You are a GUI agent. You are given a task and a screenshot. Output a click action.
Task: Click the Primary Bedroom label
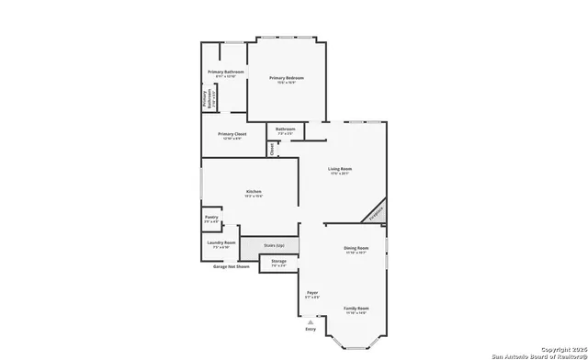point(287,79)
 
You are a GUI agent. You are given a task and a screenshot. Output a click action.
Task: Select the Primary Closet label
point(232,135)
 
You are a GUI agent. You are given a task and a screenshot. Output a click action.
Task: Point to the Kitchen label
point(254,192)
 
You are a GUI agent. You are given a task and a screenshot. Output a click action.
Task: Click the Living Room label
point(340,170)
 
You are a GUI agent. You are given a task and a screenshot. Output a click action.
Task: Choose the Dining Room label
point(356,249)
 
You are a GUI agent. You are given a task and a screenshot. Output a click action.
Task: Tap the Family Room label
point(356,309)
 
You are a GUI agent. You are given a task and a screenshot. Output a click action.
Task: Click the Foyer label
point(312,293)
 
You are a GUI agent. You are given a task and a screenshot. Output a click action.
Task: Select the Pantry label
point(211,219)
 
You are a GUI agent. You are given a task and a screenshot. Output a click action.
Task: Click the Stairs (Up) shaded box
point(274,246)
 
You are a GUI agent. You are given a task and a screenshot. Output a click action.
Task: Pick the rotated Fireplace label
point(376,213)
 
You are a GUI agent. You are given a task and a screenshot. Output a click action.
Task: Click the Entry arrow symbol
point(311,322)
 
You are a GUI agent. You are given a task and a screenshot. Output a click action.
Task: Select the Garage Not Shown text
point(231,267)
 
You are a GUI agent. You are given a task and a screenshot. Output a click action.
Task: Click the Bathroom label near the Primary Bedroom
point(286,129)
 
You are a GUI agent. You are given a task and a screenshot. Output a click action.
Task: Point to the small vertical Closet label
point(272,148)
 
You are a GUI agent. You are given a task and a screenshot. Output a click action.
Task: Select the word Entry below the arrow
point(311,330)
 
